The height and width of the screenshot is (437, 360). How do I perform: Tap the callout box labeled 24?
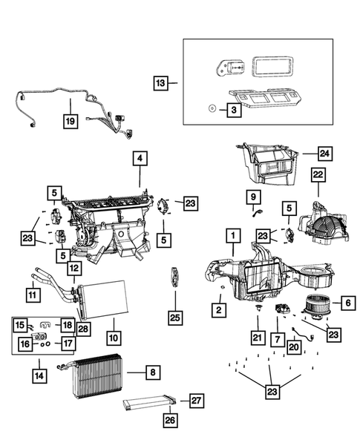coord(324,154)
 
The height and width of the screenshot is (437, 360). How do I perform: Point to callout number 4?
coord(138,158)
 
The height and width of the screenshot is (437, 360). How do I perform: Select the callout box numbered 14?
coord(39,376)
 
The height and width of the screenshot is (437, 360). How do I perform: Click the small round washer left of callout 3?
coord(211,108)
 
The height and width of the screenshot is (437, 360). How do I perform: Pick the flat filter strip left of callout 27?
coord(148,404)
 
